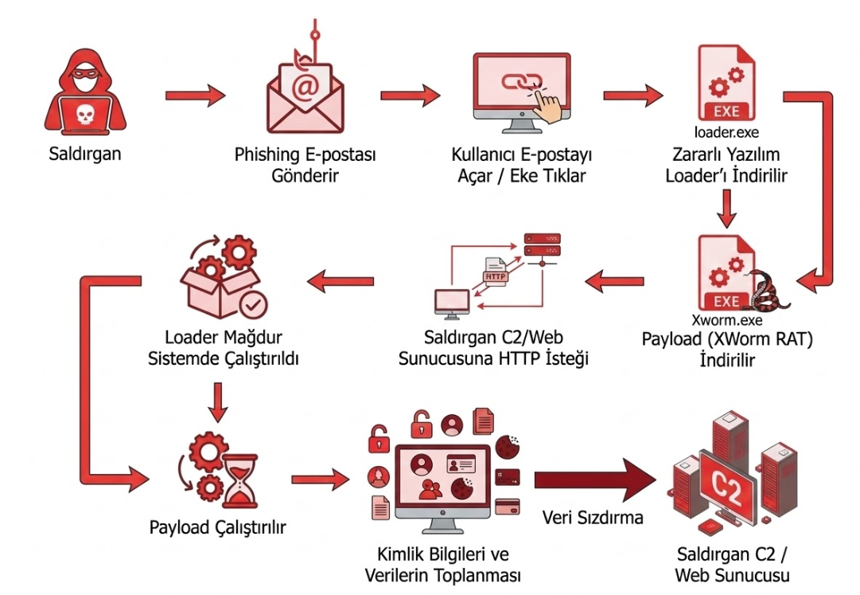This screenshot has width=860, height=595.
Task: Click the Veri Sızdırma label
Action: [x=592, y=518]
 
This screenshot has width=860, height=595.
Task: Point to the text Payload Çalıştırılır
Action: [x=218, y=528]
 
